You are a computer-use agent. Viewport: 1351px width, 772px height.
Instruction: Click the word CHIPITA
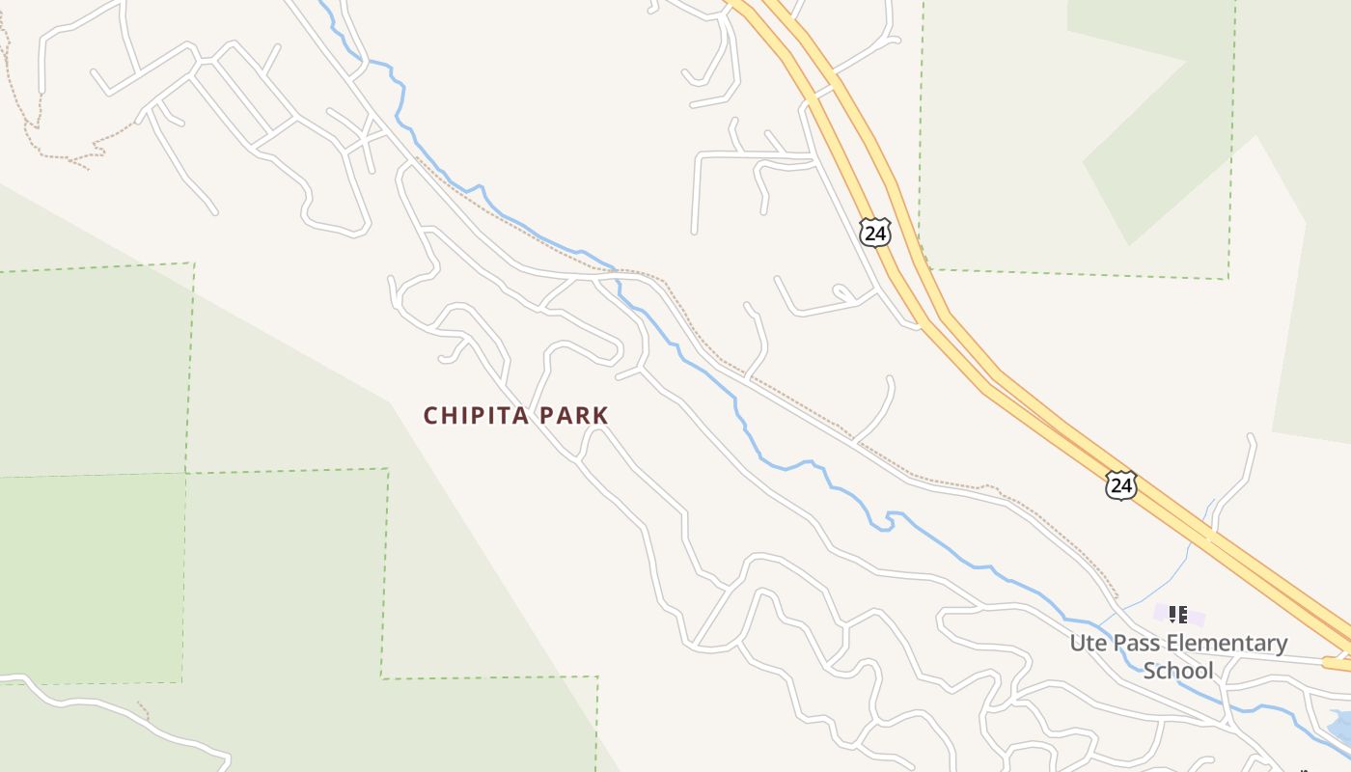coord(476,416)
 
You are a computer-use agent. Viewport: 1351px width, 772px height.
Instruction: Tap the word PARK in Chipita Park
coord(574,416)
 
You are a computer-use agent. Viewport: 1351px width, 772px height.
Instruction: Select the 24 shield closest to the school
coord(1120,484)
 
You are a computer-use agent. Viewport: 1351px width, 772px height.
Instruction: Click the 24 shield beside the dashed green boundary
coord(874,233)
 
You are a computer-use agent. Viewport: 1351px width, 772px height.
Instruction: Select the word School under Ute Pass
coord(1177,670)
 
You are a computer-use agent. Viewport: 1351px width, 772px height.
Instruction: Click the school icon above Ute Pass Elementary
coord(1177,614)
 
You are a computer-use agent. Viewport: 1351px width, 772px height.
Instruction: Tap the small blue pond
coord(1339,724)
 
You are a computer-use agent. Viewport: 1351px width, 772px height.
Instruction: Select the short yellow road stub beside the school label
coord(1337,664)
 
